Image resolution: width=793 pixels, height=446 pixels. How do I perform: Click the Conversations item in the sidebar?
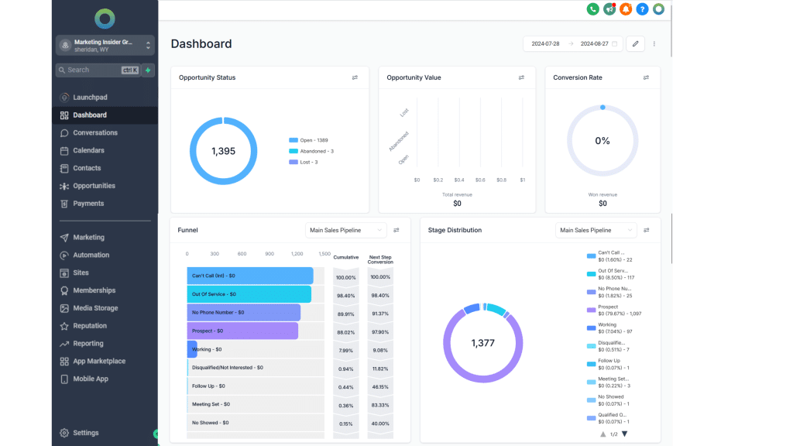(x=94, y=132)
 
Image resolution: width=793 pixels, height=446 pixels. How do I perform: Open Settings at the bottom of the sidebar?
(x=85, y=433)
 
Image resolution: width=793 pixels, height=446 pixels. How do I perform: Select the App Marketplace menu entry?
(x=98, y=361)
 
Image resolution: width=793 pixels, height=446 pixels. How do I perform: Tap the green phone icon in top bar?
(x=592, y=9)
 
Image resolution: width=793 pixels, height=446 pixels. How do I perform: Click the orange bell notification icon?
(x=626, y=9)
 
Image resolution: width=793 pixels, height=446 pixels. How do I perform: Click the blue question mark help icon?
(x=642, y=9)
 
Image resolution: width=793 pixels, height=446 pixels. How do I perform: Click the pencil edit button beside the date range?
(x=635, y=43)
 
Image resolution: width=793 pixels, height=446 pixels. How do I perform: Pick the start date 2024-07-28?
(x=545, y=44)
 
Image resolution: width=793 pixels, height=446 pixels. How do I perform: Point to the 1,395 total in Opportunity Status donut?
(x=223, y=151)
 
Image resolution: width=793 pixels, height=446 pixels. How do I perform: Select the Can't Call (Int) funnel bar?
(x=249, y=276)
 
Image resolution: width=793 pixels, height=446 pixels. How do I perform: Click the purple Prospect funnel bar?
(x=242, y=331)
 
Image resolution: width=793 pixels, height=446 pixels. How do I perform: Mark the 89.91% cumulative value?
(x=345, y=313)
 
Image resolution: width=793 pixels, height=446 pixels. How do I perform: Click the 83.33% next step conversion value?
(x=380, y=405)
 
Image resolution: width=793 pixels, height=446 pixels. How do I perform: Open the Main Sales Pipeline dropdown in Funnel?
(x=345, y=230)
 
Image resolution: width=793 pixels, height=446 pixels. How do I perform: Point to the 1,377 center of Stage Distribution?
(x=482, y=342)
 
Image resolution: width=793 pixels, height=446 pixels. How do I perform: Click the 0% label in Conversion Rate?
(x=602, y=141)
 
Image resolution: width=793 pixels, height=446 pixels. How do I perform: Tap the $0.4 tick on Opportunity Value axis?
(x=459, y=180)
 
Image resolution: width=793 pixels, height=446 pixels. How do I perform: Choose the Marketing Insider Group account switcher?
(x=105, y=45)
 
